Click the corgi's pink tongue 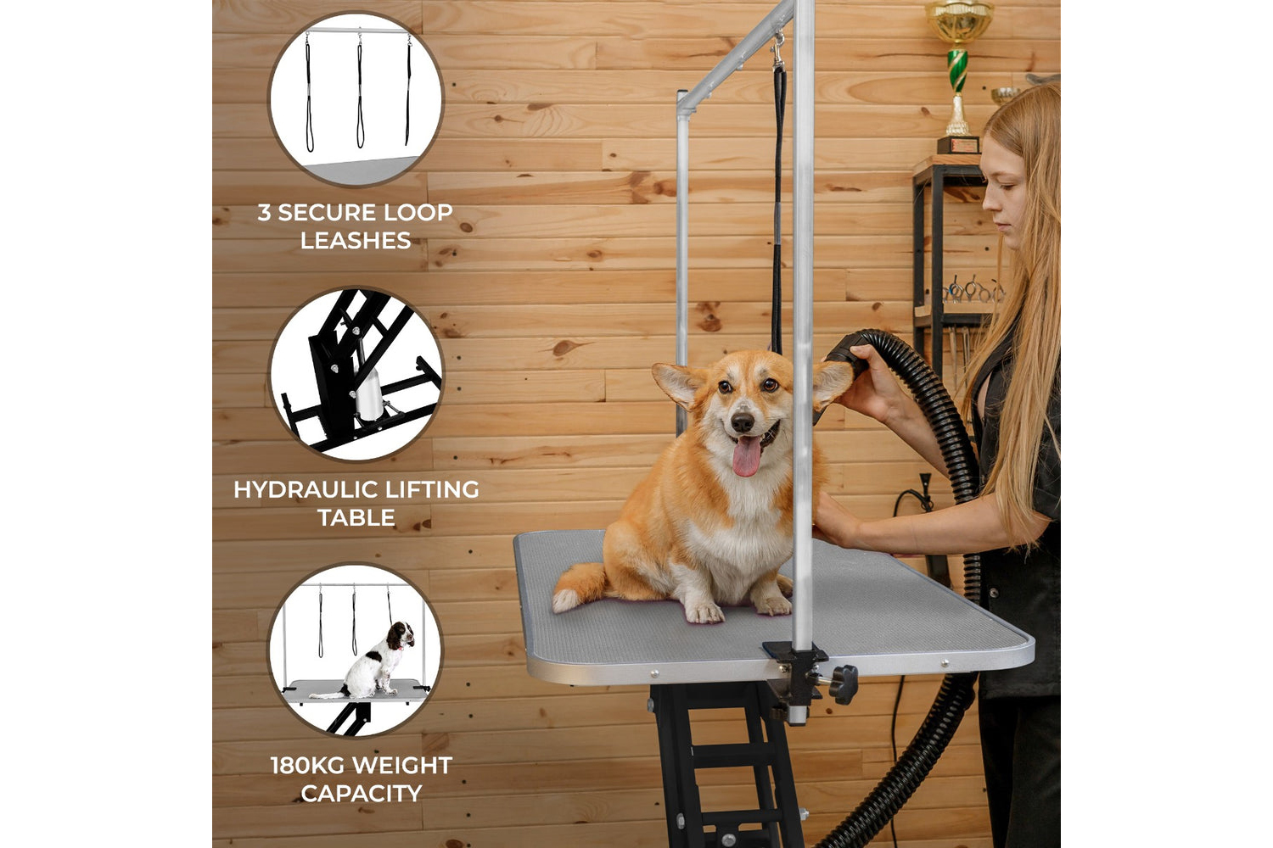[x=746, y=455]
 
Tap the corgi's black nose [x=743, y=421]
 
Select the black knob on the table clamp [x=844, y=684]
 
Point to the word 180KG [x=306, y=766]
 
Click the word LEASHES [x=356, y=240]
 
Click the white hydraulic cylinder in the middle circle [x=369, y=393]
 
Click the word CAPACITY [x=362, y=794]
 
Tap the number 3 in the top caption [x=264, y=213]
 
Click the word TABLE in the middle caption [x=356, y=517]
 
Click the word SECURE [x=327, y=213]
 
